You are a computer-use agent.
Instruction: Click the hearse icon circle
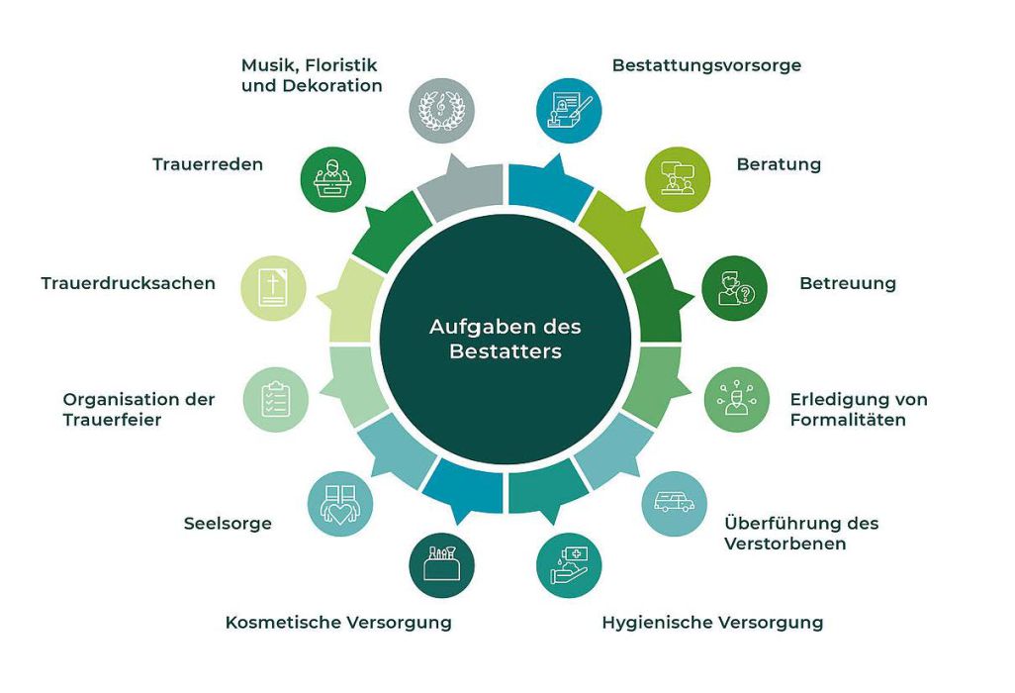point(674,503)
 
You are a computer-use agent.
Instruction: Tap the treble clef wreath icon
point(442,110)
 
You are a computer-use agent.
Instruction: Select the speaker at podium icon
point(333,179)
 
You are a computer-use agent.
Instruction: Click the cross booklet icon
point(273,288)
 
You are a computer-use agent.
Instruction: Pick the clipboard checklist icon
point(276,400)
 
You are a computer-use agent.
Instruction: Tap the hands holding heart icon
point(340,503)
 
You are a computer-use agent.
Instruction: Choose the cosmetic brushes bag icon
point(442,566)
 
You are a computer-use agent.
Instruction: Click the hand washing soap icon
point(569,564)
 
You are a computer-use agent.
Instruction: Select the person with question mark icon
point(735,288)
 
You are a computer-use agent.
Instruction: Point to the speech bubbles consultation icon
point(679,179)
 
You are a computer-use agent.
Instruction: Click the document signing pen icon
point(569,110)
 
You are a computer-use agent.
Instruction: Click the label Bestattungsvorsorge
point(707,65)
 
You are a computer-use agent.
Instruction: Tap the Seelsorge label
point(228,524)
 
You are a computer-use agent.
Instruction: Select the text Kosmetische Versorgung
point(338,623)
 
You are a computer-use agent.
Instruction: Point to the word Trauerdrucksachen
point(129,283)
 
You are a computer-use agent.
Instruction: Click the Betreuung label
point(848,283)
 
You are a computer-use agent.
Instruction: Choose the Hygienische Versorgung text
point(712,623)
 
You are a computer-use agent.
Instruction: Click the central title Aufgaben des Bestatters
point(506,339)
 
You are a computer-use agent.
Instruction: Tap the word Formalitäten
point(848,420)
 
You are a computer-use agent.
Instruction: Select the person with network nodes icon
point(737,400)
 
